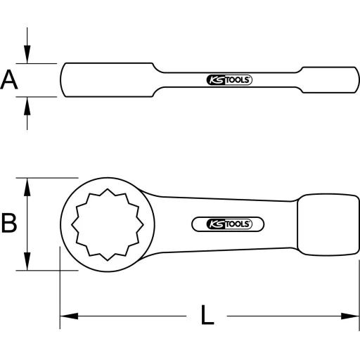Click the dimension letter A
(9, 80)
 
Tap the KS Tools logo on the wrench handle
(228, 224)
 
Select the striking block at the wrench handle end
(326, 224)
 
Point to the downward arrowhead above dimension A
(27, 56)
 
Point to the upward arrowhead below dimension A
(27, 104)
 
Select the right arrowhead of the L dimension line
(352, 316)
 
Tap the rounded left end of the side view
(65, 80)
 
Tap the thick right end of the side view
(329, 80)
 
